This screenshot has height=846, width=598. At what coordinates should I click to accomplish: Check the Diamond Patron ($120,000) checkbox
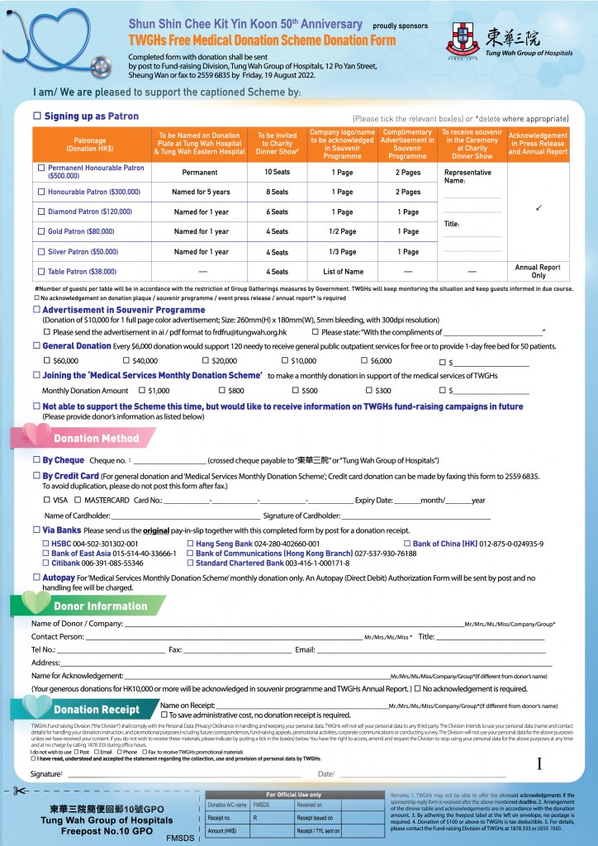click(41, 211)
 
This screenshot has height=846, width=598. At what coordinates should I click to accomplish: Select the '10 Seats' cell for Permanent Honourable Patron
click(277, 172)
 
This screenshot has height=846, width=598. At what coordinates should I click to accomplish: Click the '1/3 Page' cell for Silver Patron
click(342, 252)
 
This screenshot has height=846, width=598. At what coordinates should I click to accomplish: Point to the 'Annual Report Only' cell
click(538, 271)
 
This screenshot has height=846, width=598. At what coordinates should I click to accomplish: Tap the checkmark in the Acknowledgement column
click(538, 208)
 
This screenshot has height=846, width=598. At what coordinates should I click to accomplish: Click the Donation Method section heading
click(95, 438)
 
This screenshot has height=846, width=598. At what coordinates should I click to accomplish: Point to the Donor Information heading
click(99, 606)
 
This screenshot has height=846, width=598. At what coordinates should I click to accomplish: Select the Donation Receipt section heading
click(96, 709)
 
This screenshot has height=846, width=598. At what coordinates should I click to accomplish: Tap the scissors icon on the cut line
click(19, 791)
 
